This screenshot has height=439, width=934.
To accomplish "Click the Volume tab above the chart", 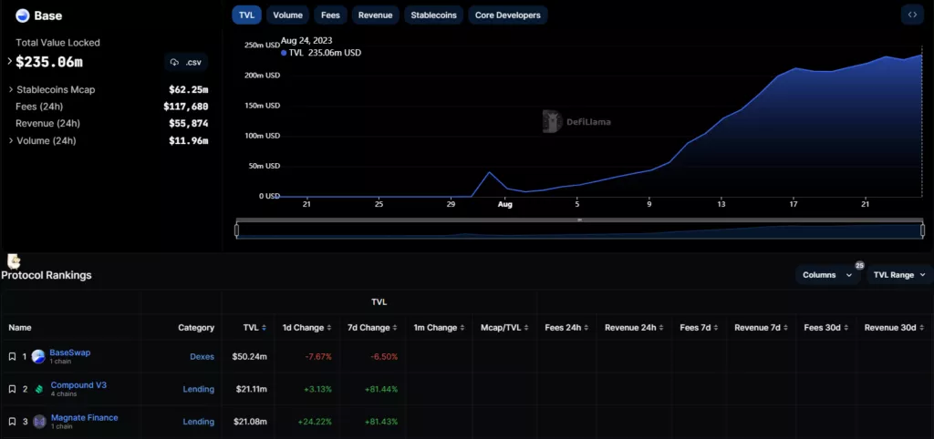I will click(287, 15).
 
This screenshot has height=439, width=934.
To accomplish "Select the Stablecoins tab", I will click(434, 15).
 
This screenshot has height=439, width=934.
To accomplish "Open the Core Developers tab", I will click(508, 15).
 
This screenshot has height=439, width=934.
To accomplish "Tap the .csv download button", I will click(186, 62).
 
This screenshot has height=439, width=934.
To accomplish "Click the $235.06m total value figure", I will click(49, 62).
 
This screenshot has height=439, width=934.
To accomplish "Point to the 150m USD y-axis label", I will click(262, 105).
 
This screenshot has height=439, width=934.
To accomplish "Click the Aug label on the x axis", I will click(505, 205).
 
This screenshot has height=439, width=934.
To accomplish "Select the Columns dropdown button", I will click(827, 274).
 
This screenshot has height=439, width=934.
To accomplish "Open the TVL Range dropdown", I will click(899, 274).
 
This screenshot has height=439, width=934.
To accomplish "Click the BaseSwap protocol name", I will click(69, 352).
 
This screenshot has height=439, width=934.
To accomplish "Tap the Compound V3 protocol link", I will click(78, 385).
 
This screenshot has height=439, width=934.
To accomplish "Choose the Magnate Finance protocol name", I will click(84, 418).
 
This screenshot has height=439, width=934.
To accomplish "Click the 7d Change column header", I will click(368, 327).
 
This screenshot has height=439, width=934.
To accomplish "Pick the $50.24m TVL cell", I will click(249, 356).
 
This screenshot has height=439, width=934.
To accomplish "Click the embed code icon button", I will click(911, 15).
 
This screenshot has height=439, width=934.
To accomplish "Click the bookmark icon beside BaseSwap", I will click(12, 356).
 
